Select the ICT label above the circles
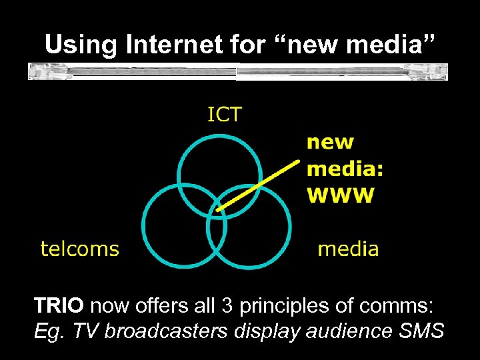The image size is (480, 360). [224, 115]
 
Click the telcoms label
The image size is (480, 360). [79, 249]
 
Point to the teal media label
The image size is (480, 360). [348, 249]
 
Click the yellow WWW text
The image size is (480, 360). [340, 195]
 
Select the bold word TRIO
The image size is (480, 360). [59, 306]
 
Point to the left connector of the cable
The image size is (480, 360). [40, 71]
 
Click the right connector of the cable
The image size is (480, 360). [437, 71]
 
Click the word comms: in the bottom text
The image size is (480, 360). [404, 306]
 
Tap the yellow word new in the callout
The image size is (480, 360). [330, 142]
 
